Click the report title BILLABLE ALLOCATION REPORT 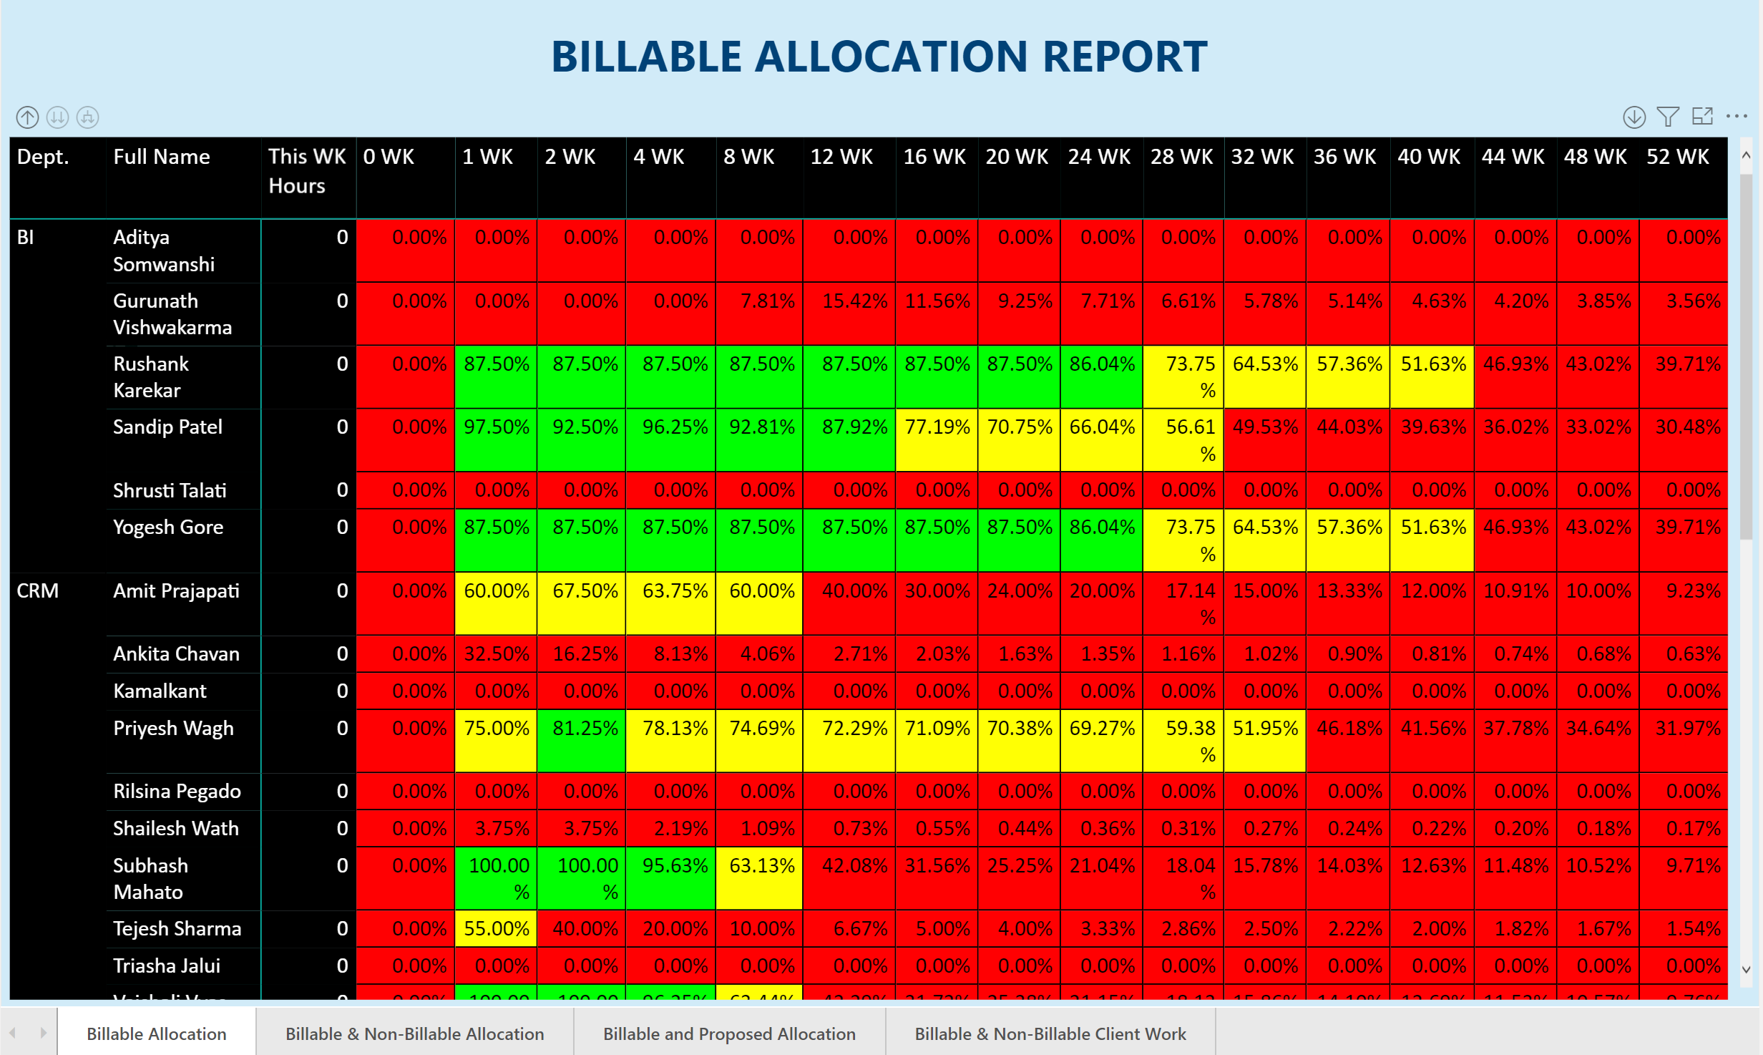[879, 57]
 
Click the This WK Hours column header [306, 171]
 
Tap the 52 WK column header [1677, 157]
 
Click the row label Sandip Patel [167, 427]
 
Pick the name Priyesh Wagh [173, 729]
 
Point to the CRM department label [37, 591]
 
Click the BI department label [25, 238]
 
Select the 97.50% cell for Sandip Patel [496, 427]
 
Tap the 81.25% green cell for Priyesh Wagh [585, 729]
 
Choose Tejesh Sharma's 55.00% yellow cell [496, 929]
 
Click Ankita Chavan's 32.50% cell [496, 654]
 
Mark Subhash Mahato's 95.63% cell [674, 866]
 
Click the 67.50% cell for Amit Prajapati [585, 591]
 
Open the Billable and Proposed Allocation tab [728, 1034]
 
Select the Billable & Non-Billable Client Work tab [1050, 1034]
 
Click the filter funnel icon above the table [1668, 117]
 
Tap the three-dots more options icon [1737, 116]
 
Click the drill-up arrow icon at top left [27, 117]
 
